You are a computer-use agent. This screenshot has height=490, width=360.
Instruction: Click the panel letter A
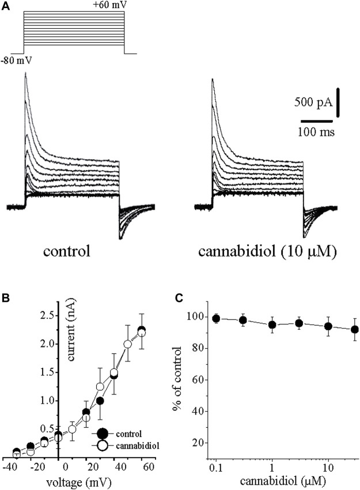coord(5,5)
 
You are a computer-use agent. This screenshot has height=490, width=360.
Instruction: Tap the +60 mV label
coord(108,5)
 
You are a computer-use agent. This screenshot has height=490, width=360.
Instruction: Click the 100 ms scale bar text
coord(317,132)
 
